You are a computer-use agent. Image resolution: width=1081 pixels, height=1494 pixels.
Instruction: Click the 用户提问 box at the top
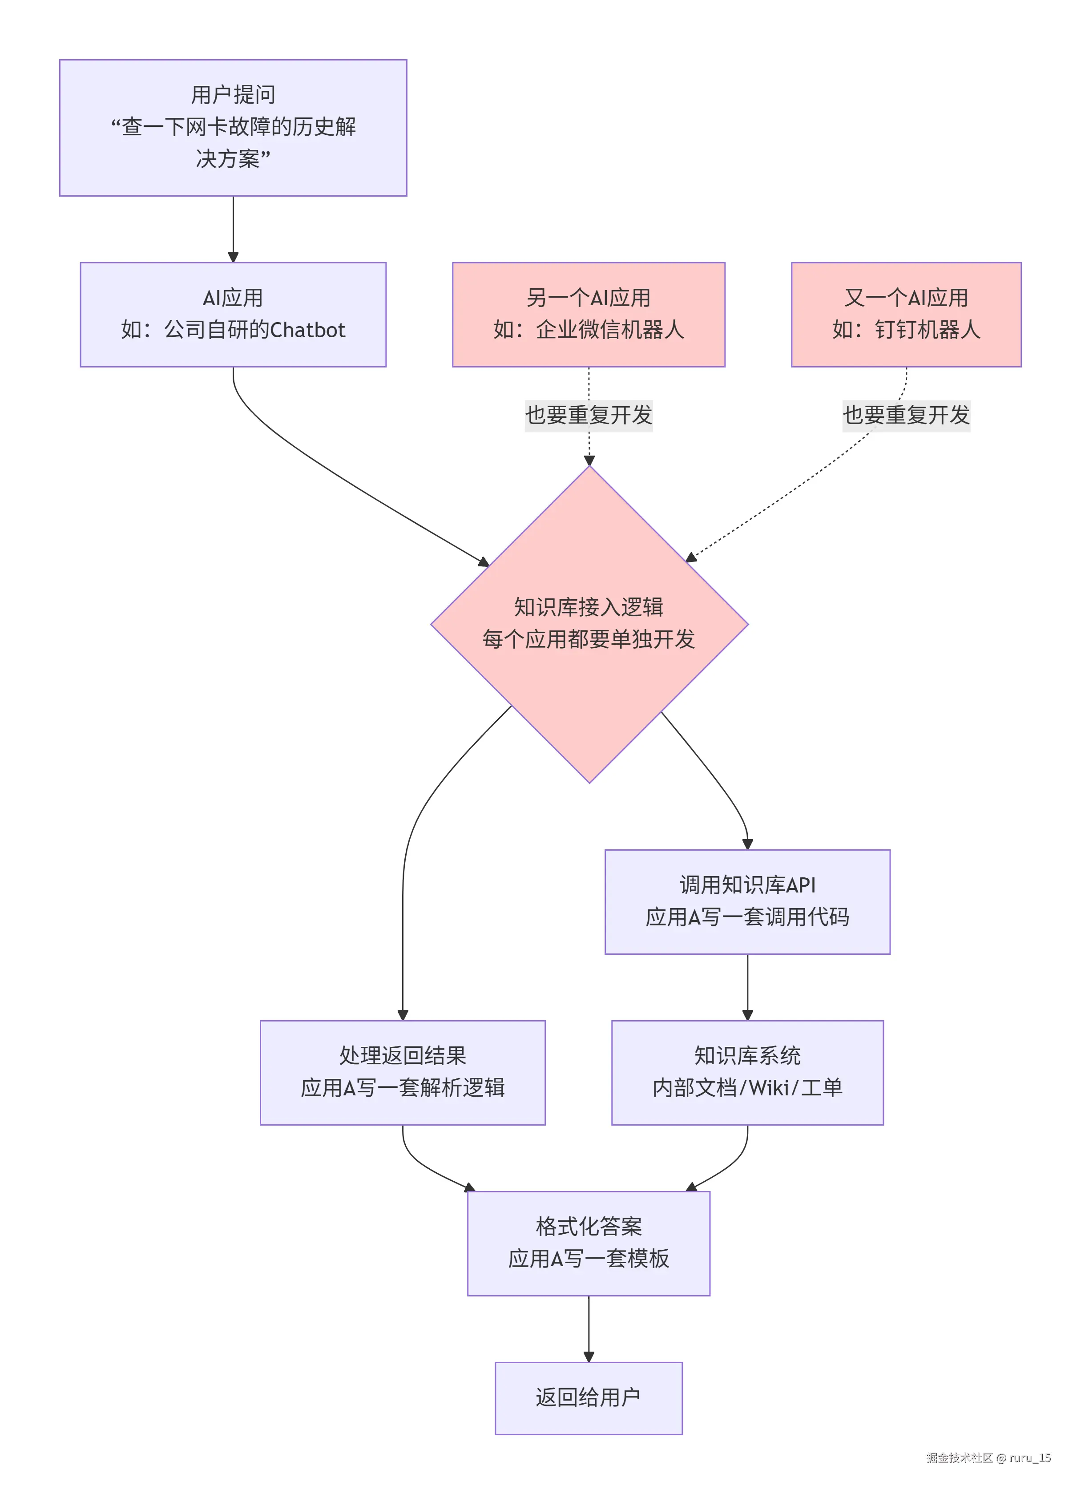[x=233, y=127]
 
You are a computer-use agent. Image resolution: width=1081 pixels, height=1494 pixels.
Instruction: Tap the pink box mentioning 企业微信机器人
[x=588, y=314]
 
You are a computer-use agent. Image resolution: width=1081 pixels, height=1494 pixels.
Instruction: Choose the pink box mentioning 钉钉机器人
[x=905, y=314]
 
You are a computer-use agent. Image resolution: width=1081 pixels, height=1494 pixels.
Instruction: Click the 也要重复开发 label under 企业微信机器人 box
[x=588, y=415]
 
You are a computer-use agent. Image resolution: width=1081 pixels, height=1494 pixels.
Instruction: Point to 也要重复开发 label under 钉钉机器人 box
[x=905, y=415]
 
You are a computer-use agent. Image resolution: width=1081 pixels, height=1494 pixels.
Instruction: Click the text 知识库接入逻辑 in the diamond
[x=588, y=607]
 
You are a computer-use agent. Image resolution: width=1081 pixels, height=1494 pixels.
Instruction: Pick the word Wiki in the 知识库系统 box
[x=768, y=1087]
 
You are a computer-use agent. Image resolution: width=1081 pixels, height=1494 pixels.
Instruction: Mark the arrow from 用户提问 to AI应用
[x=233, y=227]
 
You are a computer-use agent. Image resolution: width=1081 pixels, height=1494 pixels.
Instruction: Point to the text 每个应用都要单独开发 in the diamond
[x=588, y=639]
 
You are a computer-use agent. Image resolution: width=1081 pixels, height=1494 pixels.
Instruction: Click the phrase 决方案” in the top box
[x=233, y=159]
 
